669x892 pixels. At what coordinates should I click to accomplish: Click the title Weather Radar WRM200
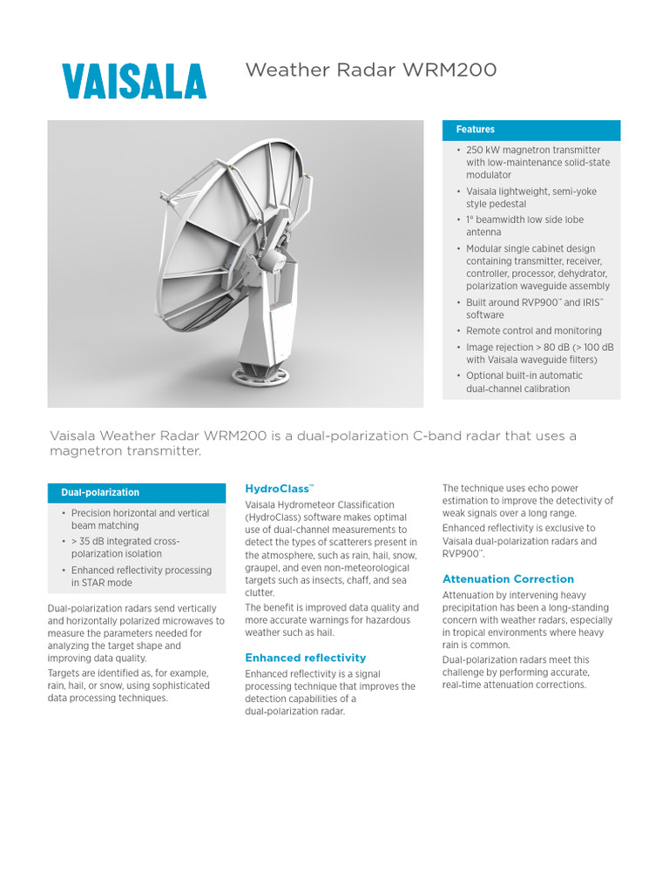click(x=371, y=70)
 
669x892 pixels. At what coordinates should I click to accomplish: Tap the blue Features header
click(x=475, y=130)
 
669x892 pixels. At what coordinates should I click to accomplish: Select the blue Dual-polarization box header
click(x=100, y=493)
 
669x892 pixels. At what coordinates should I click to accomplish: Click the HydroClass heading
click(x=279, y=490)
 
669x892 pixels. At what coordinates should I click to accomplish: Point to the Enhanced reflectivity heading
click(x=305, y=658)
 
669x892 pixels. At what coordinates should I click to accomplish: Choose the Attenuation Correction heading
click(x=508, y=578)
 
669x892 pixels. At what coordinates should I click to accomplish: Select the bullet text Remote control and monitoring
click(x=533, y=331)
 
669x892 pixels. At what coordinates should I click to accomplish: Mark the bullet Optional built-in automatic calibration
click(x=524, y=382)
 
